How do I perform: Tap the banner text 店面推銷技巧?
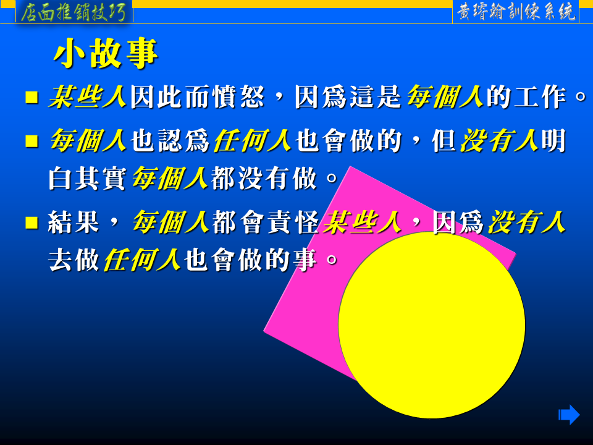pyautogui.click(x=74, y=12)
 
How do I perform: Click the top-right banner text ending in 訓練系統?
pyautogui.click(x=516, y=12)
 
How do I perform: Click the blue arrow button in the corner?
pyautogui.click(x=568, y=415)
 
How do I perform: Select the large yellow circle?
pyautogui.click(x=432, y=325)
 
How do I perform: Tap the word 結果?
pyautogui.click(x=74, y=222)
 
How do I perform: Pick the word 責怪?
pyautogui.click(x=293, y=222)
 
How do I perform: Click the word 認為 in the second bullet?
pyautogui.click(x=184, y=140)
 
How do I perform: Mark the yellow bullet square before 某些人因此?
pyautogui.click(x=32, y=97)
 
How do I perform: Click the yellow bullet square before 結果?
pyautogui.click(x=32, y=222)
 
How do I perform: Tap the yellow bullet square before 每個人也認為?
pyautogui.click(x=32, y=141)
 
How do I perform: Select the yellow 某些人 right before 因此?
pyautogui.click(x=87, y=97)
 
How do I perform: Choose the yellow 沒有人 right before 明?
pyautogui.click(x=499, y=140)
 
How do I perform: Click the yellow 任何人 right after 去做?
pyautogui.click(x=142, y=260)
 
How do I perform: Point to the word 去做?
pyautogui.click(x=74, y=260)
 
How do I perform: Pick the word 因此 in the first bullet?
pyautogui.click(x=156, y=97)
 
